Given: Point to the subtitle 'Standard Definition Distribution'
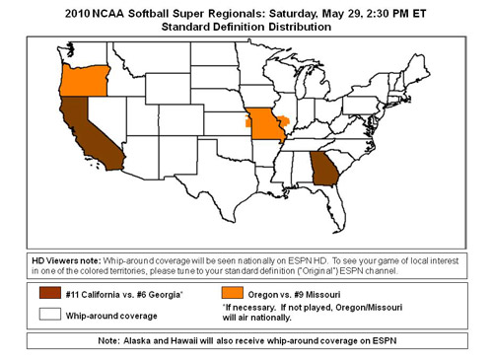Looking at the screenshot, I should (246, 27).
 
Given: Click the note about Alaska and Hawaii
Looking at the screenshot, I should (246, 342).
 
